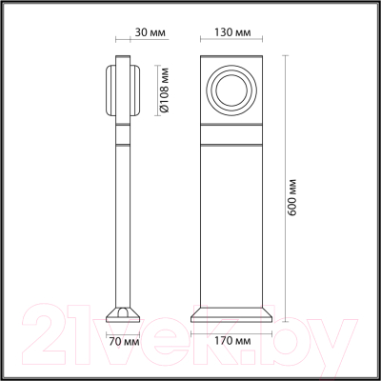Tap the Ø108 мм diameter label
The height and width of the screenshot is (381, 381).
tap(163, 91)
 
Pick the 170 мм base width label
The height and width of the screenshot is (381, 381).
tap(230, 339)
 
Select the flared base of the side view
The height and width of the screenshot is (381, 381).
tap(122, 313)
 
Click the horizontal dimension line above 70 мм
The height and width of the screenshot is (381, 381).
tap(122, 330)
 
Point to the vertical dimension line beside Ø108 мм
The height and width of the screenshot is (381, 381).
tap(153, 92)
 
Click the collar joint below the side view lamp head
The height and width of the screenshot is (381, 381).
tap(122, 133)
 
